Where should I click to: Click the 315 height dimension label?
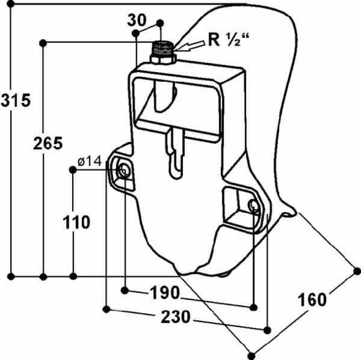pos(16,100)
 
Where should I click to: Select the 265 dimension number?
pos(48,143)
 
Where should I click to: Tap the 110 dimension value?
pos(76,222)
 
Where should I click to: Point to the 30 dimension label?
pos(137,20)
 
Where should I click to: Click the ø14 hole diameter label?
pos(90,161)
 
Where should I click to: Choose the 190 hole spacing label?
pos(165,293)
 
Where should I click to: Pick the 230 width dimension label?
pos(176,317)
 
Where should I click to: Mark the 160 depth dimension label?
pos(312,300)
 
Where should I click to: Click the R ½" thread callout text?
pos(229,40)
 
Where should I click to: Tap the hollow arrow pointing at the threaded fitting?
pos(189,46)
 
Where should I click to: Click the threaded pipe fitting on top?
pos(163,49)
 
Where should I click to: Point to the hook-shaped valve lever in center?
pos(176,153)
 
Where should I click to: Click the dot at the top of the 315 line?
pos(11,4)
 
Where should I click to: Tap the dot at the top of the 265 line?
pos(43,43)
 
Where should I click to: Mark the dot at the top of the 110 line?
pos(73,170)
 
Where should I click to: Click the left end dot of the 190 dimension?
pos(125,290)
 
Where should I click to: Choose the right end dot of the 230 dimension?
pos(267,331)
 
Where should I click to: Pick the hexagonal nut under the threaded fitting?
pos(163,60)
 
